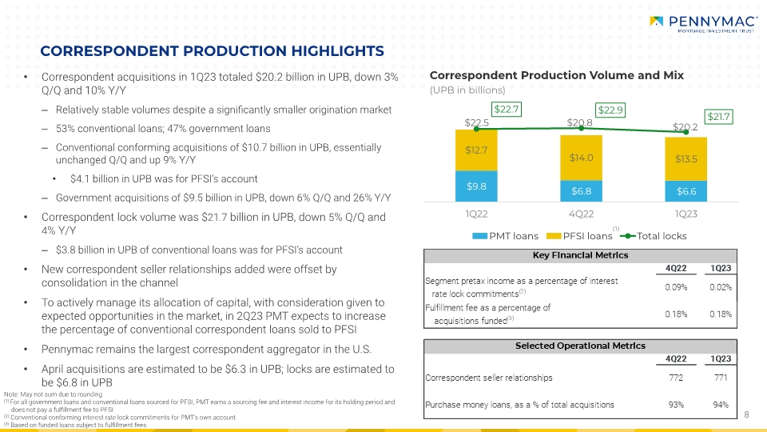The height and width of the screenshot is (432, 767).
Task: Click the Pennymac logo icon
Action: coord(657,21)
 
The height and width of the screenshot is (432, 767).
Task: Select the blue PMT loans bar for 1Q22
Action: coord(476,186)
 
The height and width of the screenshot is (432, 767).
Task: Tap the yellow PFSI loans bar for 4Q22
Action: coord(581,158)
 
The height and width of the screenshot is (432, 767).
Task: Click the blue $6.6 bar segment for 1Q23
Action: coord(686,191)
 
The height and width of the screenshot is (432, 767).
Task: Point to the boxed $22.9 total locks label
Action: coord(610,110)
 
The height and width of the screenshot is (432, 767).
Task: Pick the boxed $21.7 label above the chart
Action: coord(718,117)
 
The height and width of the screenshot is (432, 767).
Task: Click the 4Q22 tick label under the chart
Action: coord(581,214)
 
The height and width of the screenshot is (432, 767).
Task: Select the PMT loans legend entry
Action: coord(505,236)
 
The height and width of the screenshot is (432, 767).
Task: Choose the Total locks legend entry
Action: coord(653,236)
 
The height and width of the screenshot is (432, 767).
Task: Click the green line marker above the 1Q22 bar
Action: coord(476,129)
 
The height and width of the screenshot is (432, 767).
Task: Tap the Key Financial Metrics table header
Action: coord(580,256)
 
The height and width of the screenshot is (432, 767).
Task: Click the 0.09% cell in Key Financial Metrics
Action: coord(676,287)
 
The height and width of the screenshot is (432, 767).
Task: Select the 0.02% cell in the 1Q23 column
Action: coord(721,287)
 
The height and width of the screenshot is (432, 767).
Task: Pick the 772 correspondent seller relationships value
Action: coord(676,378)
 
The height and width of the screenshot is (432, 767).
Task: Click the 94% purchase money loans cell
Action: coord(721,405)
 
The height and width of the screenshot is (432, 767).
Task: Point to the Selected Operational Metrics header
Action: coord(580,346)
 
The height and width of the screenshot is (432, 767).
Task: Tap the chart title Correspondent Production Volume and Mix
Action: coord(557,75)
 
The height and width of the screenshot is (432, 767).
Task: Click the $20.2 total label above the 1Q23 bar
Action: coord(685,127)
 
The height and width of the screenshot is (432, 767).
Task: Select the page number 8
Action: coord(746,415)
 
